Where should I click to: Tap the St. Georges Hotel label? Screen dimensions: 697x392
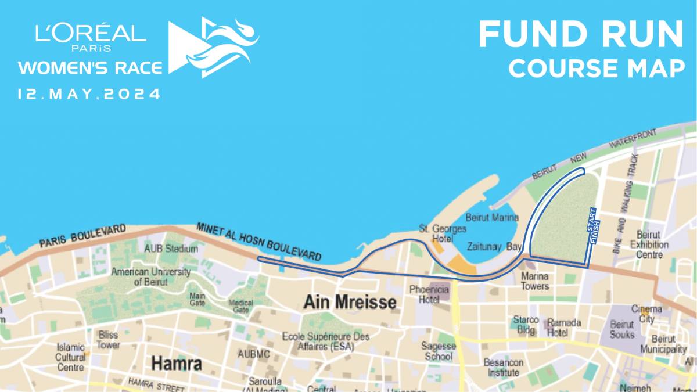tap(443, 233)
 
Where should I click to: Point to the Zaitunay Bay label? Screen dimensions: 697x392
tap(494, 247)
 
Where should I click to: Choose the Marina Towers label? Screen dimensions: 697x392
tap(535, 281)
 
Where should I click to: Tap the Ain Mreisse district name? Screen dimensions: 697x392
tap(350, 303)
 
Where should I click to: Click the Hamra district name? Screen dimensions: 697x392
tap(177, 364)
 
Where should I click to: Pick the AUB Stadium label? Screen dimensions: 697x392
tap(171, 249)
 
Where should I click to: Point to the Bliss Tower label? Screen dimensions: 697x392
tap(108, 340)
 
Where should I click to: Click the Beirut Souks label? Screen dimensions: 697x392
tap(622, 329)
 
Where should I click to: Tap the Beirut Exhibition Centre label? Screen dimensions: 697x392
tap(649, 244)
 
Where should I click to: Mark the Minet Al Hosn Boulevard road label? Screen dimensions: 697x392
tap(258, 240)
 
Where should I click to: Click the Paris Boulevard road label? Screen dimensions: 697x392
tap(82, 237)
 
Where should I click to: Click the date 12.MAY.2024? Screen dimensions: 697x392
tap(89, 94)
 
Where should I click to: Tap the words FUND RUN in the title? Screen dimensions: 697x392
tap(580, 35)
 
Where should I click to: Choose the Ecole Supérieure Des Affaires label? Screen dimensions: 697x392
tap(325, 341)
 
